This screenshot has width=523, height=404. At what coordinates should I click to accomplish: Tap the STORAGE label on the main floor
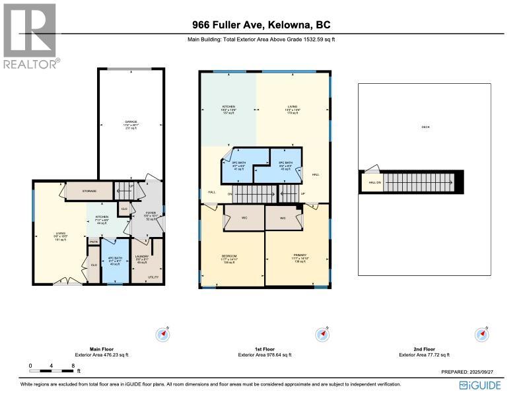pos(90,191)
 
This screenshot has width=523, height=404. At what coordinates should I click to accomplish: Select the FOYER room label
pos(150,214)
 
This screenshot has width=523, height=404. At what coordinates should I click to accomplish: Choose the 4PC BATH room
pos(114,261)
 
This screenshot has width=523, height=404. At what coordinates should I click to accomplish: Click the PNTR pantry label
pos(93,242)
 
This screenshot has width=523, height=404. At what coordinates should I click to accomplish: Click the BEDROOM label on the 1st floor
pos(229,256)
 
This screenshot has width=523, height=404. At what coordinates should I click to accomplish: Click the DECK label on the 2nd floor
pos(425,127)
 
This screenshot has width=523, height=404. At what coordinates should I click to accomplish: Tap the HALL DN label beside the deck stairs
pos(373,182)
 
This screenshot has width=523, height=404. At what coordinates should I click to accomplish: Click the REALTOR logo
pos(30,36)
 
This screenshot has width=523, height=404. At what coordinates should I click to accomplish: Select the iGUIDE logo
pos(479,385)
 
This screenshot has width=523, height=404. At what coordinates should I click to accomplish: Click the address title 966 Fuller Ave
pos(261,25)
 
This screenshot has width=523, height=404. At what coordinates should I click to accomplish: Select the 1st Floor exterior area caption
pos(261,352)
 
